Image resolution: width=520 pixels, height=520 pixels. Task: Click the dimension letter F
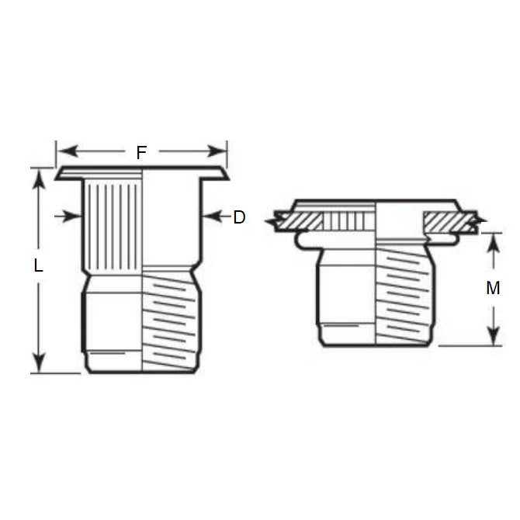click(x=140, y=152)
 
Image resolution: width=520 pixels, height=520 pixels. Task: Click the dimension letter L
click(x=39, y=265)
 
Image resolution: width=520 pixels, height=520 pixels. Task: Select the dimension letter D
click(x=239, y=217)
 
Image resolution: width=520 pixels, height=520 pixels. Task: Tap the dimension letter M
click(x=493, y=288)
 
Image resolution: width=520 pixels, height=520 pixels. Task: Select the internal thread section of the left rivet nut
click(x=171, y=318)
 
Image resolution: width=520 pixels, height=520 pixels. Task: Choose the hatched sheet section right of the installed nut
click(x=449, y=221)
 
